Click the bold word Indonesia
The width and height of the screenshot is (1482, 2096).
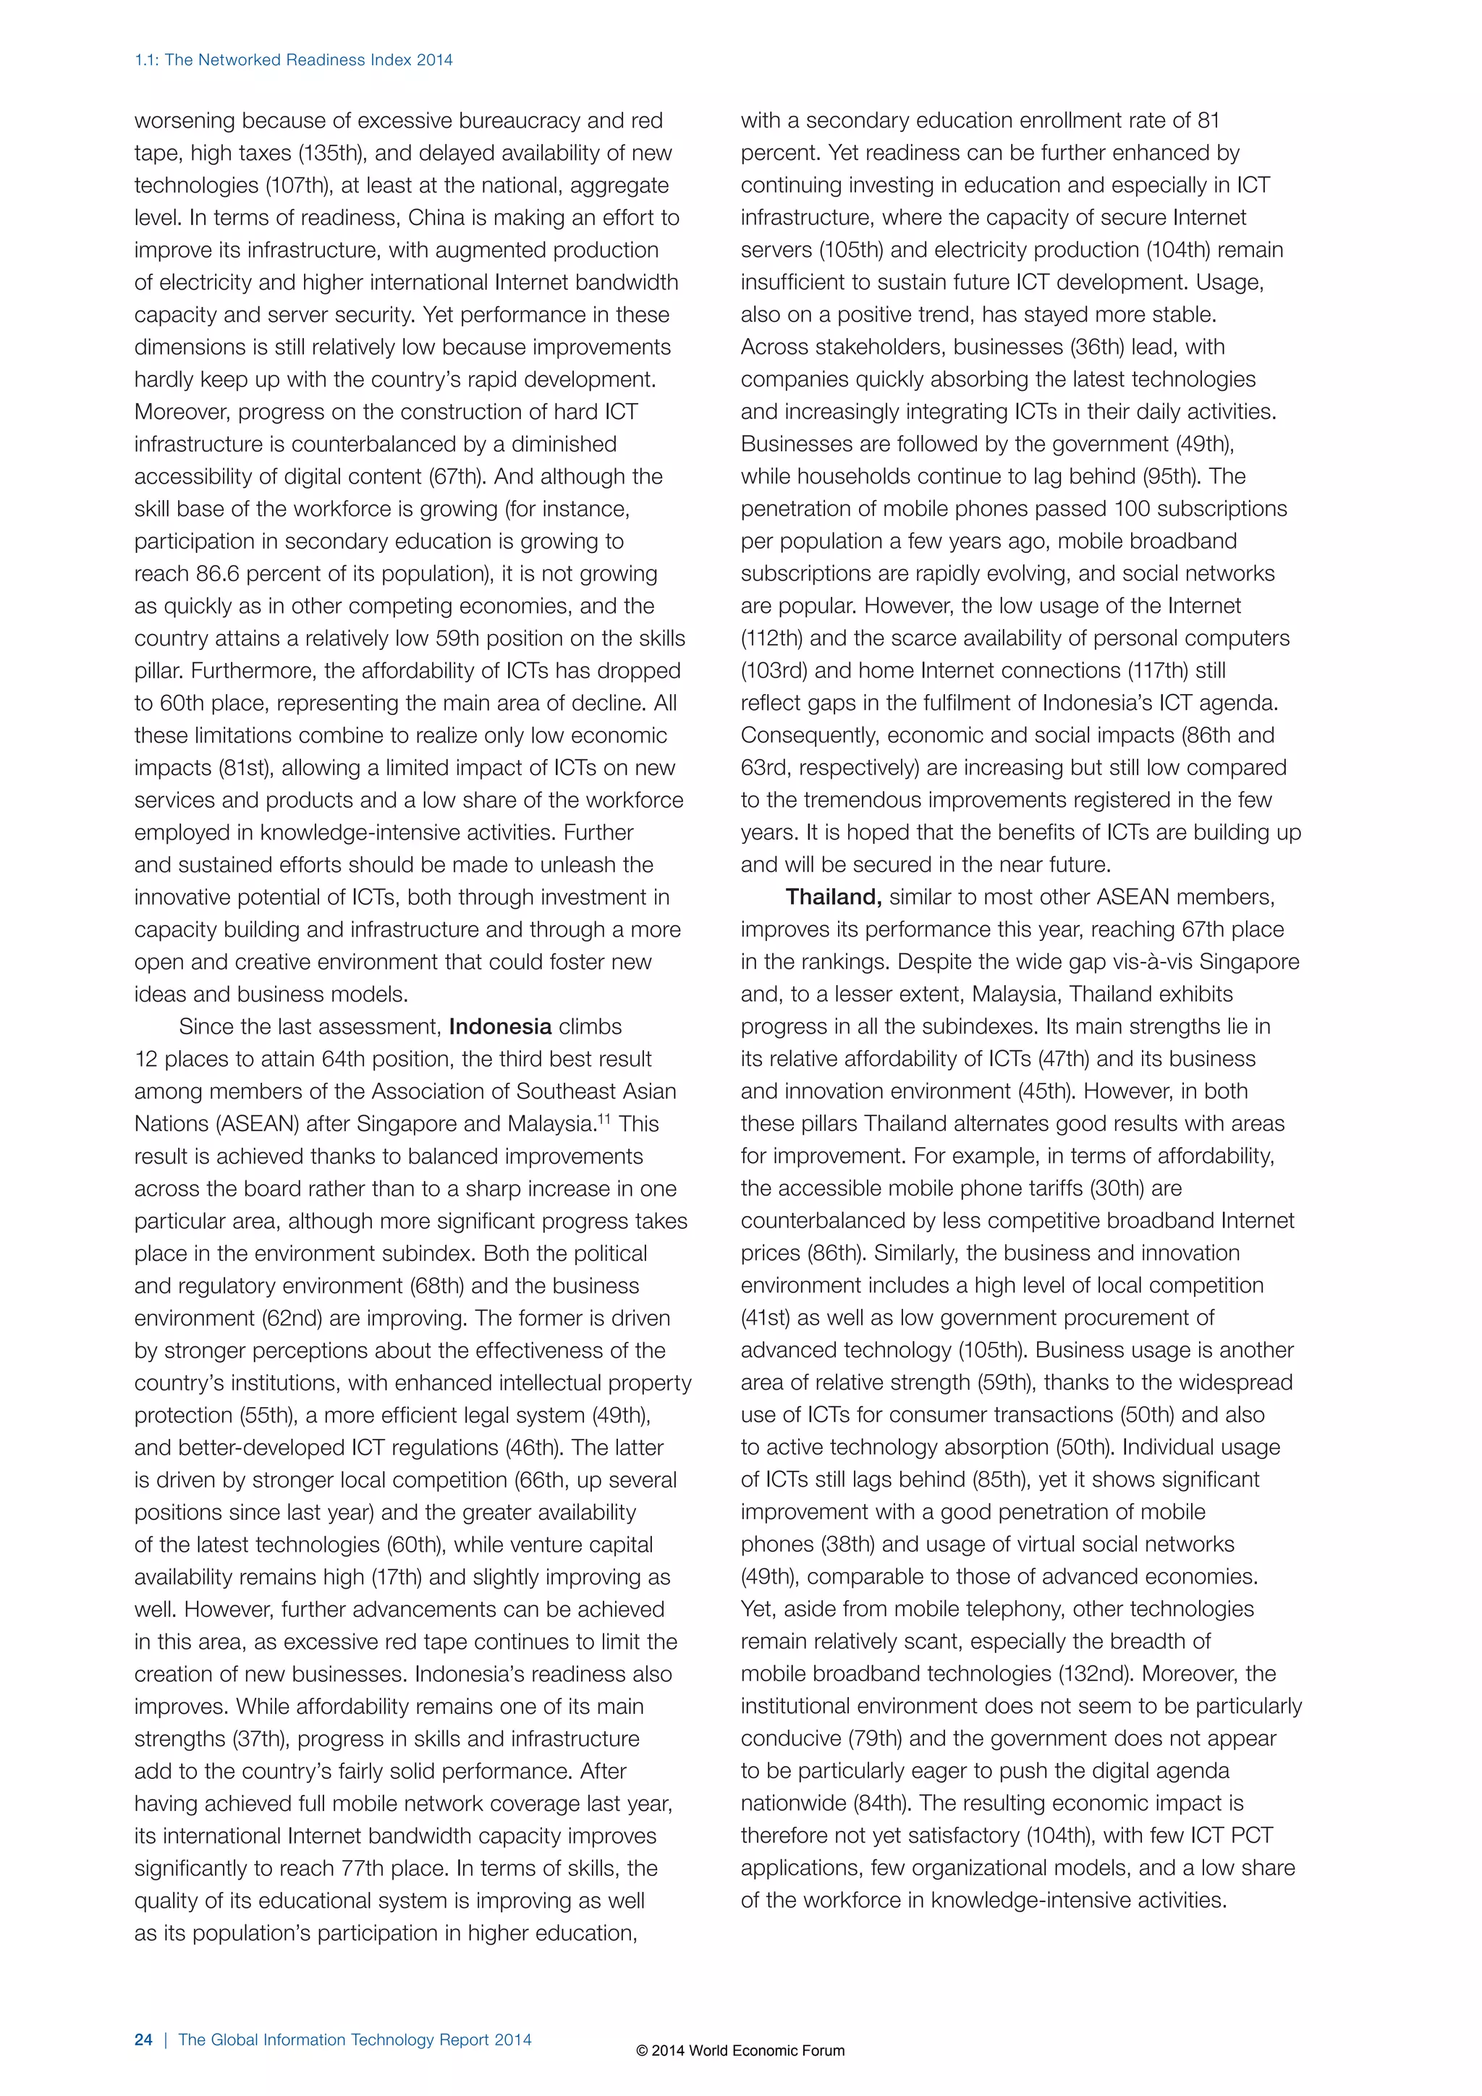[500, 1027]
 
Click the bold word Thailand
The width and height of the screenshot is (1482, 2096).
[833, 897]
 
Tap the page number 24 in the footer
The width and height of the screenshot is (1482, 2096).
[143, 2040]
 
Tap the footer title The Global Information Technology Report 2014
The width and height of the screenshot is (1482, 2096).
[355, 2040]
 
